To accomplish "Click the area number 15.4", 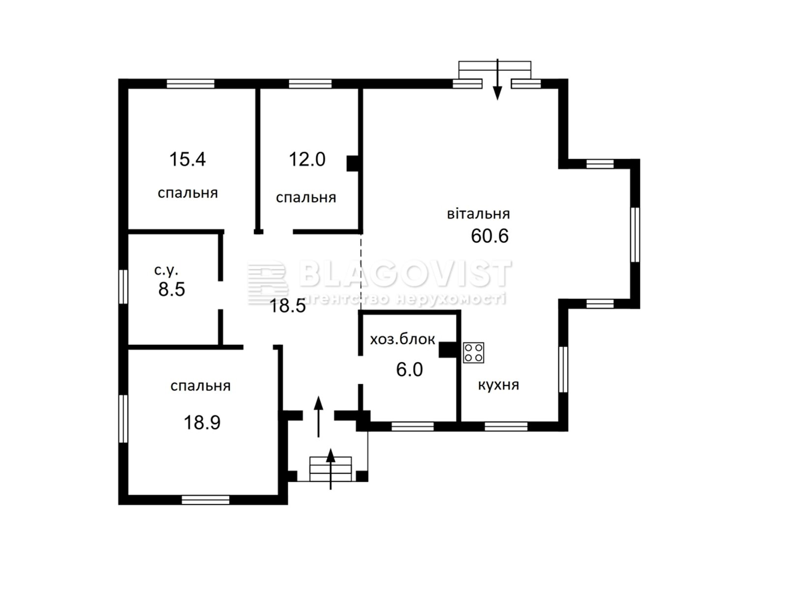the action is point(187,159).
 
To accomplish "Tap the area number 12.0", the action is point(307,159).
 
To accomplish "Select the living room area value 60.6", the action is point(490,236).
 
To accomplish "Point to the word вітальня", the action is point(478,214).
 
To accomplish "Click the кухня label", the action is point(498,385).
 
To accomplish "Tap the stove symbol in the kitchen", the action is point(473,353).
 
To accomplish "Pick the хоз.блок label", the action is point(402,339).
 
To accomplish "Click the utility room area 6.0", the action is point(409,369).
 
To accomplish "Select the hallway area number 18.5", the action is point(288,306).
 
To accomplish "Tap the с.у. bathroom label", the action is point(166,270).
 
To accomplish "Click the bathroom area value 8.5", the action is point(172,289).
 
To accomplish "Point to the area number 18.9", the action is point(202,423).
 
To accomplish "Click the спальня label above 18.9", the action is point(200,386).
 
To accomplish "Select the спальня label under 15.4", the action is point(188,193).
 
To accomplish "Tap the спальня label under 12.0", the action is point(306,197).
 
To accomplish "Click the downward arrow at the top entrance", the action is point(497,79).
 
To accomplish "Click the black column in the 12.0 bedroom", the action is point(353,164).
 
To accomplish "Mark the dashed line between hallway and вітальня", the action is point(361,271).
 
